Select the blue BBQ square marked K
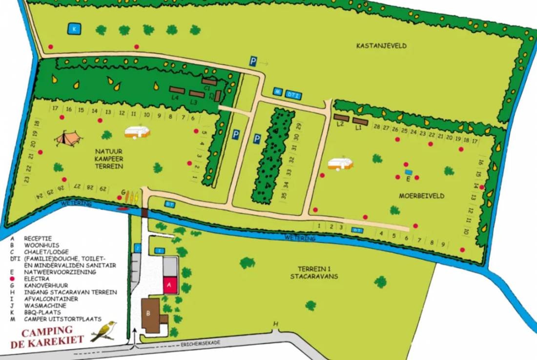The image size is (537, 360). (74, 29)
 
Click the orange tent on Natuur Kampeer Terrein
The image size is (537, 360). (67, 139)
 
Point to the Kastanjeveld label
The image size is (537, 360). (382, 46)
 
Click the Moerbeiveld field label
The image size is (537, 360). (421, 195)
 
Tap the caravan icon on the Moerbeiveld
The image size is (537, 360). (340, 164)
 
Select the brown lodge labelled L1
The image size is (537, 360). (360, 121)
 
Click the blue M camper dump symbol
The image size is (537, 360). (278, 92)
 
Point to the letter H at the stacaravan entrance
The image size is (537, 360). (275, 324)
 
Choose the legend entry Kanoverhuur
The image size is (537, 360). (48, 285)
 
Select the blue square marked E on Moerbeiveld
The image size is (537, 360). (408, 172)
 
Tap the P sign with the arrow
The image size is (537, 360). (253, 61)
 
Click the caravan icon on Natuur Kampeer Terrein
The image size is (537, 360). (137, 131)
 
